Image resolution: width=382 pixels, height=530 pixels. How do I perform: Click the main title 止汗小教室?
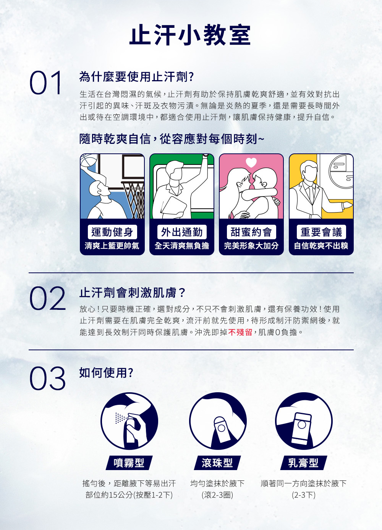190,35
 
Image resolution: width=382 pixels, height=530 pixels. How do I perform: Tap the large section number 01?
45,83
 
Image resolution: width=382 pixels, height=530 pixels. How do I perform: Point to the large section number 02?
47,298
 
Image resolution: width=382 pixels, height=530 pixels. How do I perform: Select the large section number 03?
47,378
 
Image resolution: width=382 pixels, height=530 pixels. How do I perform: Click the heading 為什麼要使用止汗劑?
136,77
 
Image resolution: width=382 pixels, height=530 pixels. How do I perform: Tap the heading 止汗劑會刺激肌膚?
132,292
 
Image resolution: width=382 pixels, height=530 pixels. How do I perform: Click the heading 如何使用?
106,373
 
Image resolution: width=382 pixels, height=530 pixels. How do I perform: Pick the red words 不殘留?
240,332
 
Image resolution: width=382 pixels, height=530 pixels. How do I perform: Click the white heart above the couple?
251,162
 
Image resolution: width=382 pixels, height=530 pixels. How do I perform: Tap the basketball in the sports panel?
88,160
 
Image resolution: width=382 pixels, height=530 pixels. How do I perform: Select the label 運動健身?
112,232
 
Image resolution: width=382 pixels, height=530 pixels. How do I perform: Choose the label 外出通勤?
182,232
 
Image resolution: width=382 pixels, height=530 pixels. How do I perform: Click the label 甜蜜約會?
251,232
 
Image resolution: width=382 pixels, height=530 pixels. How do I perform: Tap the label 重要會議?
321,232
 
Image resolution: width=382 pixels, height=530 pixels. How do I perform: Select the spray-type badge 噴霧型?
129,462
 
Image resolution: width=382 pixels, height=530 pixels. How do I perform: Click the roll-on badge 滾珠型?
217,462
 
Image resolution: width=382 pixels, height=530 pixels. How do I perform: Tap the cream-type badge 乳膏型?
304,462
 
